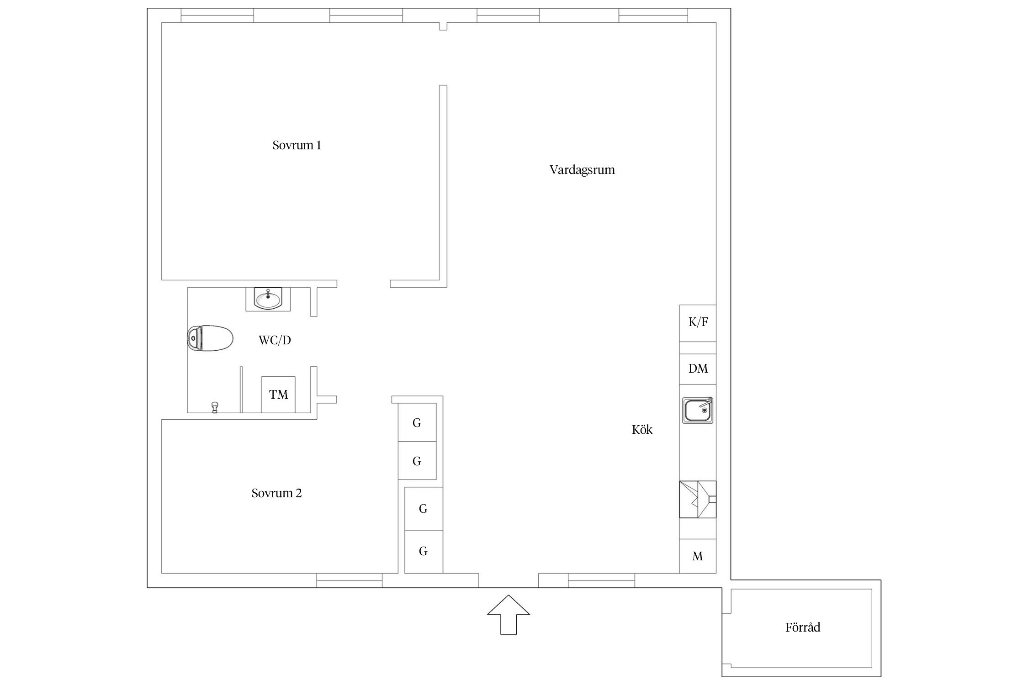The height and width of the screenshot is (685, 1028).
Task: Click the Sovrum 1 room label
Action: [297, 145]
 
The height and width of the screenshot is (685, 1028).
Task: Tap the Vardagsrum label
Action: [582, 170]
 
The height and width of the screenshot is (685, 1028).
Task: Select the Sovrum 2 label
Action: [276, 493]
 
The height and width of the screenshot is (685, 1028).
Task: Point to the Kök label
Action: [642, 429]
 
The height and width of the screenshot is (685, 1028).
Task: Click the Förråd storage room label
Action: [803, 627]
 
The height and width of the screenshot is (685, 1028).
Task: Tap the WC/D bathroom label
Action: [275, 340]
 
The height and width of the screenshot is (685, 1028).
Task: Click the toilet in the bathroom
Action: [210, 338]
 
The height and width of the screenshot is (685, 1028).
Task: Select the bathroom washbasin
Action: [268, 299]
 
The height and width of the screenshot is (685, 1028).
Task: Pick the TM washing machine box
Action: [278, 395]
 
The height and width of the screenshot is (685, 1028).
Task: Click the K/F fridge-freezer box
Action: [698, 323]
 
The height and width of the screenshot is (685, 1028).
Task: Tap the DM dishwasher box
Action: [698, 369]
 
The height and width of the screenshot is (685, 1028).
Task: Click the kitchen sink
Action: [698, 410]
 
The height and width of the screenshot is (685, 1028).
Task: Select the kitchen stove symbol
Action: [698, 499]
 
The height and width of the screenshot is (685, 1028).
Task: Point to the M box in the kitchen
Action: [698, 556]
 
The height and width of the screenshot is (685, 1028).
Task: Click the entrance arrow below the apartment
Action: [509, 614]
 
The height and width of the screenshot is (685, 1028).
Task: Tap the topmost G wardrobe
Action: [417, 422]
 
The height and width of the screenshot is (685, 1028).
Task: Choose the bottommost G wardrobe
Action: [424, 552]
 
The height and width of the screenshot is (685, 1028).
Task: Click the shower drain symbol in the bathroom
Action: [214, 407]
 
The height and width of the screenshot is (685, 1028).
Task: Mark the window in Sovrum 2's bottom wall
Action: [350, 580]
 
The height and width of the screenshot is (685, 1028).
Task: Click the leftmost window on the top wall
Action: [217, 15]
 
